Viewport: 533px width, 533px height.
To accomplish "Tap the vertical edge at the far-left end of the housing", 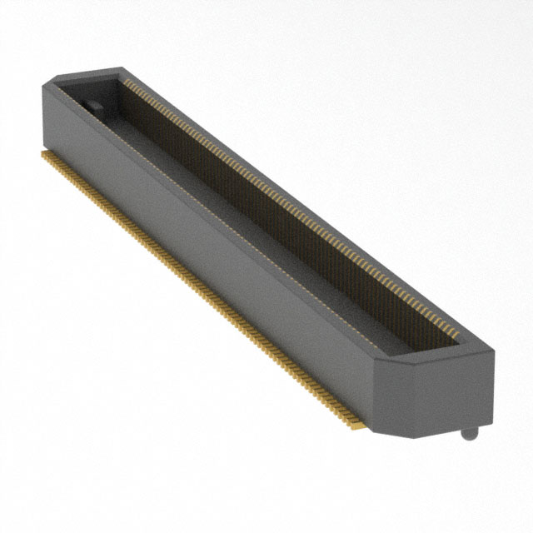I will click(x=41, y=117).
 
